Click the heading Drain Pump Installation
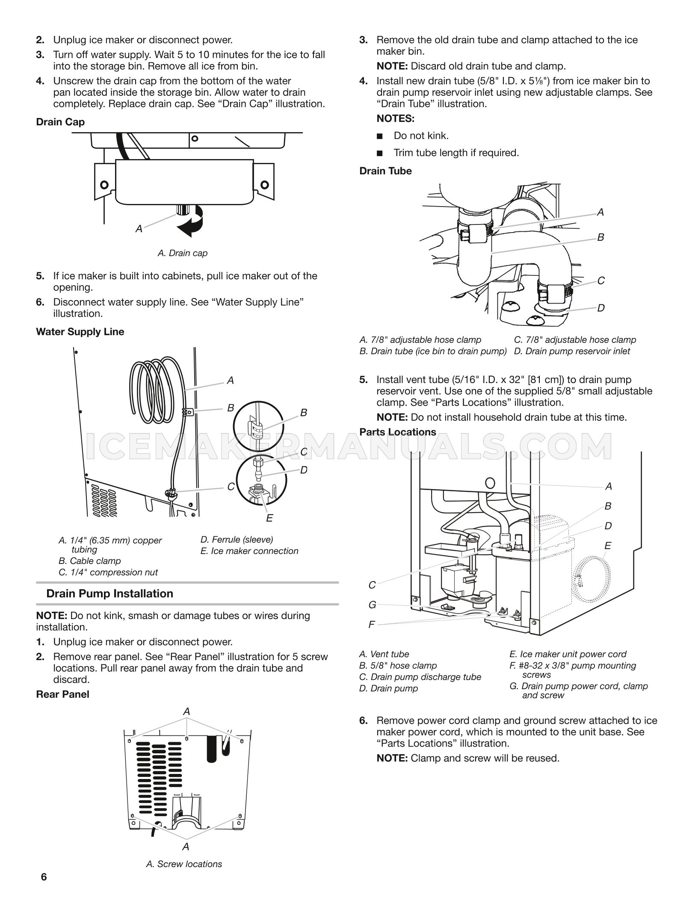109,593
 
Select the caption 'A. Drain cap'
182,253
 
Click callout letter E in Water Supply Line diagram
269,518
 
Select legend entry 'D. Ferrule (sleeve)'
237,540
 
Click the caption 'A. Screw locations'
184,864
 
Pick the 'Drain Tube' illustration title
385,171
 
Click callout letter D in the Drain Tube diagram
601,308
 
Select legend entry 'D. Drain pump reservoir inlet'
572,351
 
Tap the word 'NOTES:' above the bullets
395,118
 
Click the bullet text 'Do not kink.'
421,136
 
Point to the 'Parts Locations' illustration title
397,432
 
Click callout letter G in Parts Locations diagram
372,605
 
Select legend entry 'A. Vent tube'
384,654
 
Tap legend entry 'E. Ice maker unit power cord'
568,654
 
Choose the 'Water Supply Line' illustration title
80,332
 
